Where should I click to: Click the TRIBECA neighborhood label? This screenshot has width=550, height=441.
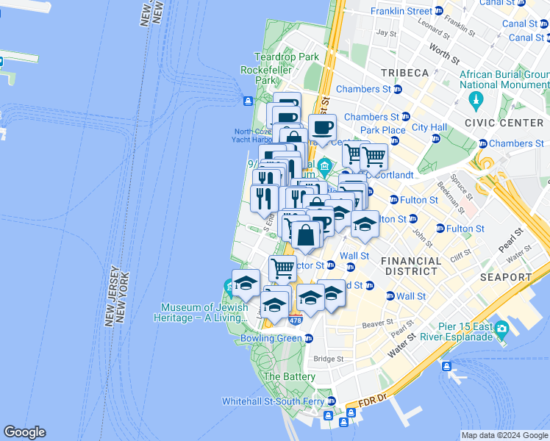pyautogui.click(x=404, y=73)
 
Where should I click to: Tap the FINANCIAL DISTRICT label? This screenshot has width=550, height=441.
pyautogui.click(x=411, y=266)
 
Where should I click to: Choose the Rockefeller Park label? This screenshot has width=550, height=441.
pyautogui.click(x=267, y=75)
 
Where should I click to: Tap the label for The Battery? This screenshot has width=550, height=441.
pyautogui.click(x=289, y=376)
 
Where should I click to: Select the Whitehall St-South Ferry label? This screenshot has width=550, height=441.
pyautogui.click(x=274, y=401)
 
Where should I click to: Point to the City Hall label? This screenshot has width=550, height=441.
pyautogui.click(x=429, y=127)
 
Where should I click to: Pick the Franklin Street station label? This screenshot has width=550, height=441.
pyautogui.click(x=401, y=11)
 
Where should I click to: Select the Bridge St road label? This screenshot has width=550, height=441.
pyautogui.click(x=329, y=359)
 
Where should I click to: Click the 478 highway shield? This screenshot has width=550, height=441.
pyautogui.click(x=296, y=320)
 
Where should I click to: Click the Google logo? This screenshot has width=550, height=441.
pyautogui.click(x=24, y=432)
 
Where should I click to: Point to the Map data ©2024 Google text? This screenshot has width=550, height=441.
pyautogui.click(x=504, y=435)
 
